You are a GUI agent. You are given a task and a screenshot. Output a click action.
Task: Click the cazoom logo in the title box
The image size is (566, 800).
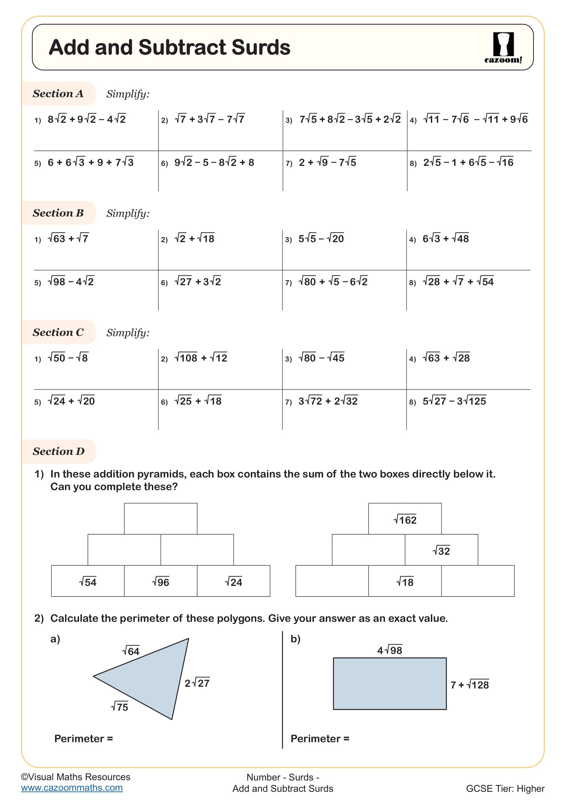(x=503, y=48)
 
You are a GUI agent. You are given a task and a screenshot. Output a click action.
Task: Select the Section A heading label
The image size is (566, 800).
(x=58, y=94)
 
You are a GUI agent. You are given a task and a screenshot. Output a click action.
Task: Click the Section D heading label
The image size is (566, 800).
(x=59, y=451)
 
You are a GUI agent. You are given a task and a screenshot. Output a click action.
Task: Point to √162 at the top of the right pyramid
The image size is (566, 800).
(x=404, y=520)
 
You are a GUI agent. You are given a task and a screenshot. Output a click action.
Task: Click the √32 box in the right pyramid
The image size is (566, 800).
(x=441, y=551)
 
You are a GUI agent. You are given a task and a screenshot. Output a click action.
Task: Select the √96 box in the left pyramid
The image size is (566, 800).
(x=161, y=582)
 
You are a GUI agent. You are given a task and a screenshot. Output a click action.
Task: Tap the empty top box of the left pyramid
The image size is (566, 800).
(x=161, y=519)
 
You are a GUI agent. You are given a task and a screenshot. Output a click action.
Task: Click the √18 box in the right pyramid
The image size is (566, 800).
(x=404, y=582)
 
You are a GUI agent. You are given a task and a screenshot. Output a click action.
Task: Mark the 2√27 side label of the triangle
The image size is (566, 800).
(x=197, y=683)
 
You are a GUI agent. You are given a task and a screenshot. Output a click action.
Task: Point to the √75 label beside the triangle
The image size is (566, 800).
(x=119, y=707)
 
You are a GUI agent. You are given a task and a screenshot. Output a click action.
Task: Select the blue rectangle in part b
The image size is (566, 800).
(x=389, y=684)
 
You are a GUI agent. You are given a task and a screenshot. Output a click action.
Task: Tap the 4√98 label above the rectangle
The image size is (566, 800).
(x=389, y=650)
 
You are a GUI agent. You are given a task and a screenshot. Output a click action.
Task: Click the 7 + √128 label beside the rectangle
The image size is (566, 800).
(x=469, y=685)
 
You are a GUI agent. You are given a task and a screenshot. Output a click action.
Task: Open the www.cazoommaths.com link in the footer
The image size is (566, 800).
(x=72, y=788)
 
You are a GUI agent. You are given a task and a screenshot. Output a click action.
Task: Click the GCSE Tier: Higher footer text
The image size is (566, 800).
(x=505, y=788)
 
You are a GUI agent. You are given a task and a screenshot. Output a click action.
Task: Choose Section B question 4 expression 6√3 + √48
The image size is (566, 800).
(x=446, y=239)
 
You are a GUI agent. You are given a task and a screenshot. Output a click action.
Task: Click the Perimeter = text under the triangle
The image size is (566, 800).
(x=83, y=738)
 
